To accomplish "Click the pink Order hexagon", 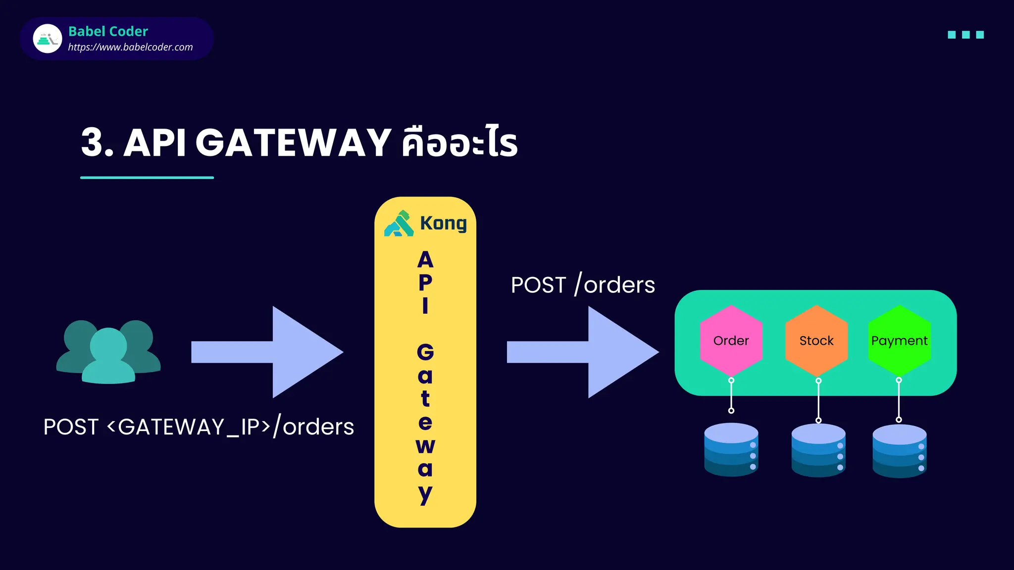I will click(731, 340).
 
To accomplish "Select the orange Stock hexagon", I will click(816, 340).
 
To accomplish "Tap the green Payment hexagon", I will click(899, 340).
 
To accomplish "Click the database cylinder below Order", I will click(731, 449).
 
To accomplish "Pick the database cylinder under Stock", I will click(818, 450).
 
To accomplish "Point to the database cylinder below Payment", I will click(899, 451).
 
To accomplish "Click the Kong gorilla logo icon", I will click(399, 224).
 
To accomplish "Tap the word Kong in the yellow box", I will click(443, 223).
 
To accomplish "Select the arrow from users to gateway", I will click(267, 352).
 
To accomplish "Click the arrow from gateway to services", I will click(583, 352).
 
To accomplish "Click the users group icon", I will click(108, 352).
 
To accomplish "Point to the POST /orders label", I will click(583, 285).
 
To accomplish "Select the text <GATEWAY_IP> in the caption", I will click(189, 427).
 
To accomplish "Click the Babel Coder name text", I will click(108, 31).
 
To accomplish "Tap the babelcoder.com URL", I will click(130, 47).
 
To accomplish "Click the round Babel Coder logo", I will click(48, 39).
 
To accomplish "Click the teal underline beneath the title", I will click(147, 177).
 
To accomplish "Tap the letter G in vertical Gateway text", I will click(425, 352).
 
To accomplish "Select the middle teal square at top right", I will click(965, 35).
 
